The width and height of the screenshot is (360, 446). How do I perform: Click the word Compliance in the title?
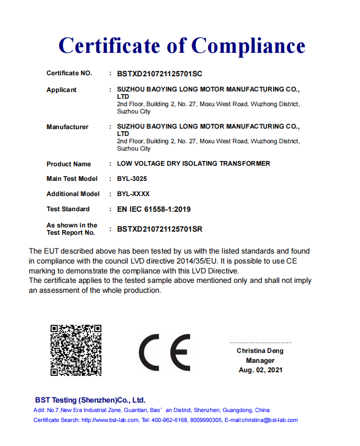(248, 46)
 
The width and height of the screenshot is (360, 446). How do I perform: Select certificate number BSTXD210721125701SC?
(159, 74)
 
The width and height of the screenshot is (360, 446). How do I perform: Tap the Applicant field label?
(61, 90)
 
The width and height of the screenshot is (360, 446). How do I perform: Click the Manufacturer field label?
(67, 127)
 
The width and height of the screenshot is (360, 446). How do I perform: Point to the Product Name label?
(68, 164)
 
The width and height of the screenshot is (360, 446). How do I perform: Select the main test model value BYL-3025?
(132, 179)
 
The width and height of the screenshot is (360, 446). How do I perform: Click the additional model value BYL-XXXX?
(133, 194)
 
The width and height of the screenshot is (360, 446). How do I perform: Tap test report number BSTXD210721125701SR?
(159, 229)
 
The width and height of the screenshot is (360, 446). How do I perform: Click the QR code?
(76, 350)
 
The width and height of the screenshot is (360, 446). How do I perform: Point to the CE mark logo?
(165, 352)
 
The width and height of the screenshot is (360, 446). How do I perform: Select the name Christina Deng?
(260, 351)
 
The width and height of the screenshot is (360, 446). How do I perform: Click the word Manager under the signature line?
(260, 360)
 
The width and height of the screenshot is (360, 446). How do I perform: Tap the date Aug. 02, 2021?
(260, 370)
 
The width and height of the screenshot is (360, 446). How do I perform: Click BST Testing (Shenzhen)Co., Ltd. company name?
(90, 400)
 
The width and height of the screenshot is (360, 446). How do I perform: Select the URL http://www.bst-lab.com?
(110, 420)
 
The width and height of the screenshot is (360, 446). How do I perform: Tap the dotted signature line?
(260, 342)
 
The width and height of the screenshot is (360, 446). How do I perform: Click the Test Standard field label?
(68, 209)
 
